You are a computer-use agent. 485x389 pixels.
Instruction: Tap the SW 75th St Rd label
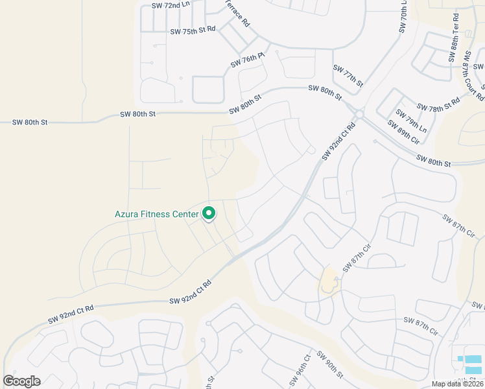pyautogui.click(x=193, y=30)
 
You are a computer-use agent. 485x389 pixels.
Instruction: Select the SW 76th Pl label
pyautogui.click(x=248, y=61)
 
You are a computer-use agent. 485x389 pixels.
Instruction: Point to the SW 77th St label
pyautogui.click(x=348, y=76)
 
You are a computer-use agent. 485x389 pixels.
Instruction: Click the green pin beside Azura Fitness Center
pyautogui.click(x=209, y=213)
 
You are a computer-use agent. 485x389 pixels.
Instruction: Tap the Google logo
pyautogui.click(x=21, y=381)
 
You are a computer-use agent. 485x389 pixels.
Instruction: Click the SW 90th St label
pyautogui.click(x=330, y=365)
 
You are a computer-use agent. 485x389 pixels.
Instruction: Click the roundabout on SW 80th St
pyautogui.click(x=360, y=114)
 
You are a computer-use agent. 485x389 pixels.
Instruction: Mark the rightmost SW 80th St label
pyautogui.click(x=433, y=160)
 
